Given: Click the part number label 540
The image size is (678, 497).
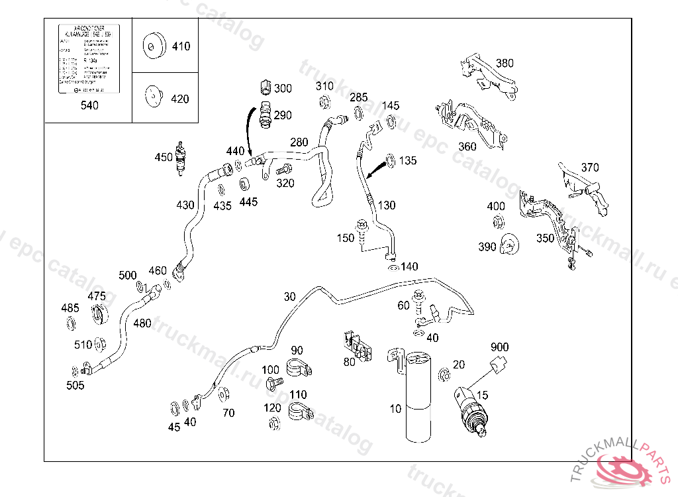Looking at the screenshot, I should [89, 105].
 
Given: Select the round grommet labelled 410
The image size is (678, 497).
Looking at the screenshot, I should [153, 46].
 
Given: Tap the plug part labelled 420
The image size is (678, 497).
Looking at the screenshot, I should [153, 97].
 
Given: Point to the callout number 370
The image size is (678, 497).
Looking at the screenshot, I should [589, 167].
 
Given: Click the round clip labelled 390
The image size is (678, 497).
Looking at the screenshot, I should [510, 245].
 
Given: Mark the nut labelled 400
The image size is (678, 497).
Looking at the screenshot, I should [497, 223].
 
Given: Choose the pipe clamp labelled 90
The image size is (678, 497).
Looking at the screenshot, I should [299, 366].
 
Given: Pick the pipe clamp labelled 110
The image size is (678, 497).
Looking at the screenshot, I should [299, 413].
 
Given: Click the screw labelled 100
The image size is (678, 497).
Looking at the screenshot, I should [273, 383].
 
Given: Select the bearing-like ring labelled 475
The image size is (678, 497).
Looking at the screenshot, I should [101, 314].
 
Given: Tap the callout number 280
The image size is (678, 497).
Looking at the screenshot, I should [299, 142].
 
